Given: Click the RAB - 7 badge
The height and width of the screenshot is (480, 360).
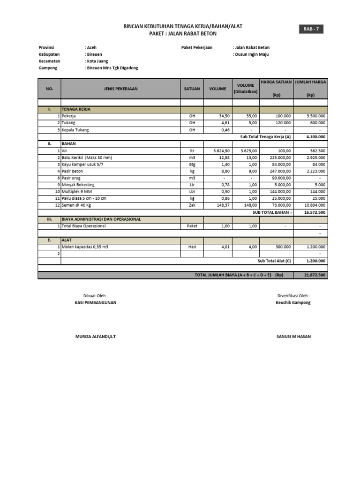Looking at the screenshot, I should coord(310,30).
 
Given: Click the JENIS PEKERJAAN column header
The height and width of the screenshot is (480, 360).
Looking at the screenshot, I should coord(120,89).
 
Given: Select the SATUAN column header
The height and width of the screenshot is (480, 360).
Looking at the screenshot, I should coord(192,89).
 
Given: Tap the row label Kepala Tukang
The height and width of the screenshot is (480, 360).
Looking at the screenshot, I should coord(75,130).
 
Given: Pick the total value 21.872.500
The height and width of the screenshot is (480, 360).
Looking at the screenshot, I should coord(315,275).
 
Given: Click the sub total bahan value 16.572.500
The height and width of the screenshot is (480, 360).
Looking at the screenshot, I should coord(315,212).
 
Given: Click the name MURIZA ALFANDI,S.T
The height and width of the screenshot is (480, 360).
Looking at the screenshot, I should coord(95,337).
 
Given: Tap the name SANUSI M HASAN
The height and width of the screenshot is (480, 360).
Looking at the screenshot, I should coord(293,337).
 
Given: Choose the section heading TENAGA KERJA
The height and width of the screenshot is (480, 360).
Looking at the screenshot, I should coord(75,109).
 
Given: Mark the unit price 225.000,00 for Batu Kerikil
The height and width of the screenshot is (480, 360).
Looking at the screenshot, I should coord(276,157).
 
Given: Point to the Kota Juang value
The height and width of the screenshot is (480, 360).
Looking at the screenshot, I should coord(97,61).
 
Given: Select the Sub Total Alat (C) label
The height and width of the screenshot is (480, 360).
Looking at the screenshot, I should coord(274,261).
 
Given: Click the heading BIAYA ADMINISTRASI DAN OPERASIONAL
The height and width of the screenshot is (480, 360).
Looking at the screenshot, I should coord(101,219).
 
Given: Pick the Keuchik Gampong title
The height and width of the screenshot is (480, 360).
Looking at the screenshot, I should coord(293,303).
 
